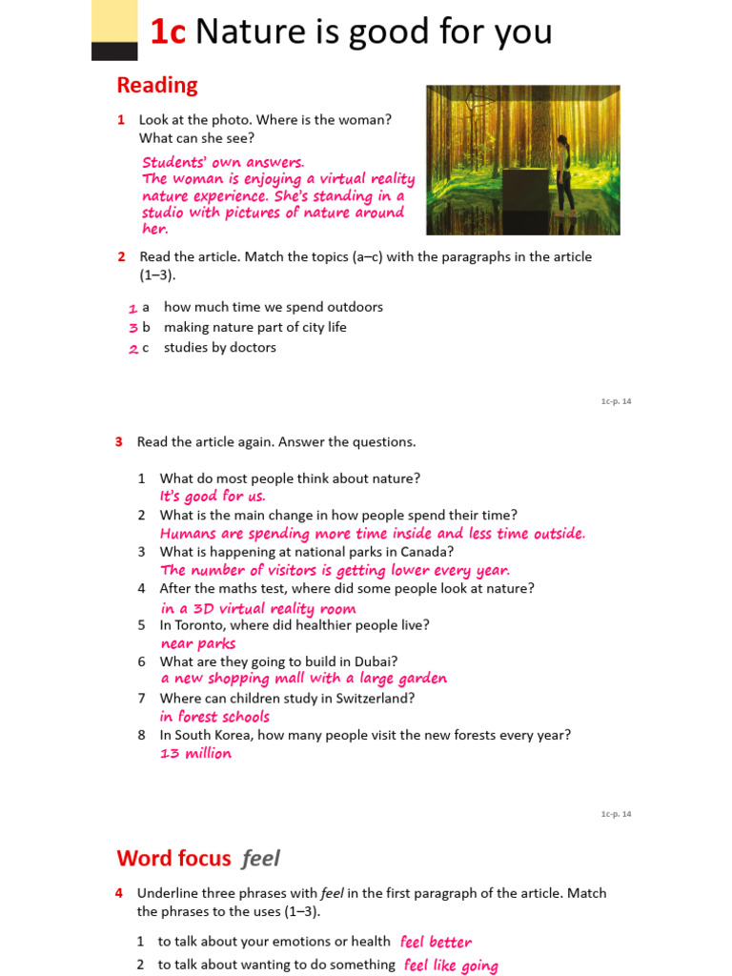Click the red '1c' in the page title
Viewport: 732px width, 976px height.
tap(168, 32)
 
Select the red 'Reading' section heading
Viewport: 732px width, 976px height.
tap(157, 85)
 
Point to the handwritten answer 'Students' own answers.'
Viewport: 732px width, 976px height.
tap(223, 162)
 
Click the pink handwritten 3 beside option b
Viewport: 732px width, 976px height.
tap(133, 328)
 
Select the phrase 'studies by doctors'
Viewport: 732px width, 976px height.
tap(220, 348)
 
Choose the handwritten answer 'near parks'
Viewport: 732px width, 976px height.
tap(198, 643)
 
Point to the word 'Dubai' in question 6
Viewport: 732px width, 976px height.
tap(376, 661)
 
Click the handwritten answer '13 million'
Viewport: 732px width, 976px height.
tap(195, 753)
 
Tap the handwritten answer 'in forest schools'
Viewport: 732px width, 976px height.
tap(215, 717)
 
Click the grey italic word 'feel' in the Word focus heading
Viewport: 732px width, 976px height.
tap(261, 858)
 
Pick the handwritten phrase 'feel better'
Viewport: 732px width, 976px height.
tap(436, 942)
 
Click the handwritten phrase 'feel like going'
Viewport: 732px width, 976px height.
tap(451, 966)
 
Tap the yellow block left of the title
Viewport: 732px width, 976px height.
tap(114, 21)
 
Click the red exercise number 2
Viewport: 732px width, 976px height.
tap(122, 257)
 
